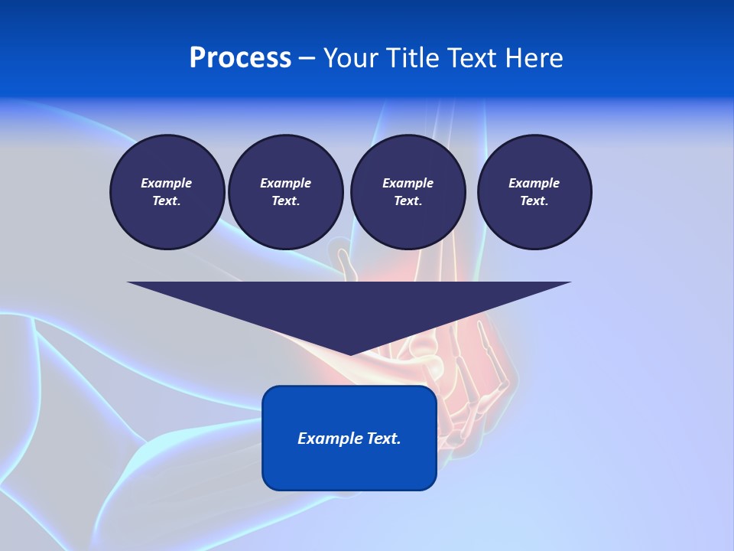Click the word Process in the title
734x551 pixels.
click(240, 58)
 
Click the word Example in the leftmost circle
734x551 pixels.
click(167, 183)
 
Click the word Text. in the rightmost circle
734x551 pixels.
click(534, 201)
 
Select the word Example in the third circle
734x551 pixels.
click(408, 183)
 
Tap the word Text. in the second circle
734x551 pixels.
click(286, 201)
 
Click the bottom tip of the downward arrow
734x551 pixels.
click(350, 353)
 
